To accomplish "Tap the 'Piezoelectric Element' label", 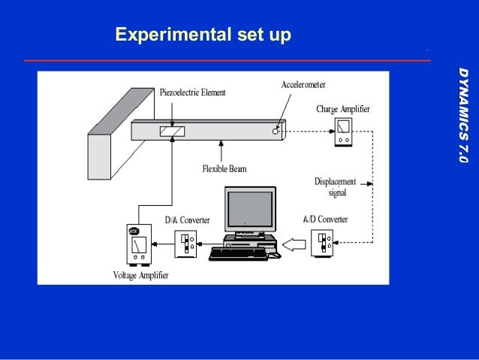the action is (x=193, y=92).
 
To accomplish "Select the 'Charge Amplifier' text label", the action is (x=343, y=109).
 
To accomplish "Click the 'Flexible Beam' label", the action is (x=224, y=168).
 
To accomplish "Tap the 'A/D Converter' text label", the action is (x=325, y=219).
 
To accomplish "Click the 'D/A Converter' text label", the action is (x=187, y=219).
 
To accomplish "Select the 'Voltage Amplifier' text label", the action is (x=140, y=275).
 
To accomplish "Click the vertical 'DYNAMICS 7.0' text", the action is (x=463, y=113).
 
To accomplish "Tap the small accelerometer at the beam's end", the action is (x=276, y=130).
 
